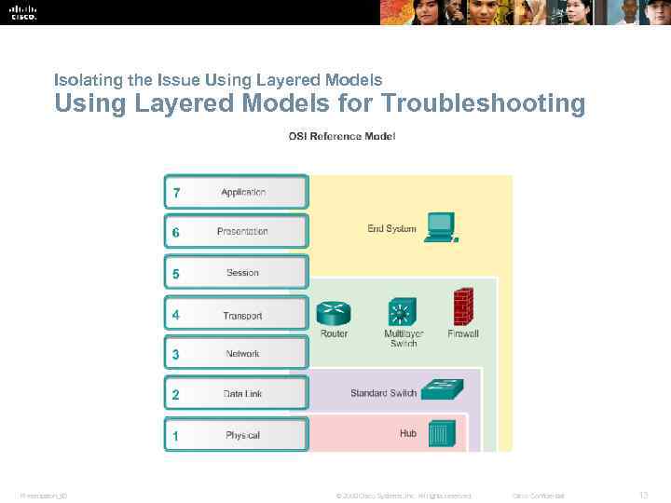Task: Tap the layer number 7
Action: coord(176,193)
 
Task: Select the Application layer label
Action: coord(243,193)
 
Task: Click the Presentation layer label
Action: coord(242,232)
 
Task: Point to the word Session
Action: coord(242,273)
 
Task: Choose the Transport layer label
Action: coord(242,316)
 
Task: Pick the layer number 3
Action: coord(176,354)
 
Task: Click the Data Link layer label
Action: coord(242,394)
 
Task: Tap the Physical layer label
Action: coord(242,435)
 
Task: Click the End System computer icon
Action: coord(440,226)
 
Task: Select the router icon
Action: coord(332,312)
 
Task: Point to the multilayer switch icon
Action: coord(403,311)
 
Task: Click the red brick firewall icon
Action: coord(462,306)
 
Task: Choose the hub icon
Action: coord(440,433)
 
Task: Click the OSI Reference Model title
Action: coord(341,137)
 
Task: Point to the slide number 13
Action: coord(642,495)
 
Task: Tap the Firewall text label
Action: coord(463,333)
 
